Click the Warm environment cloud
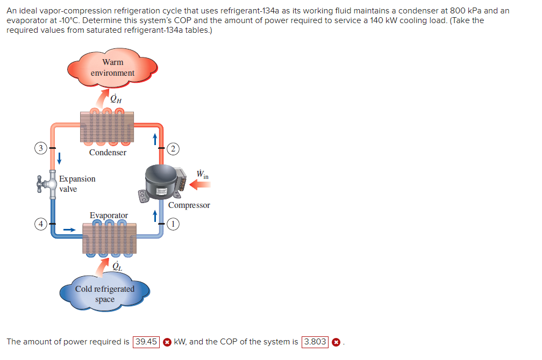coord(112,68)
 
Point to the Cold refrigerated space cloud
coord(105,293)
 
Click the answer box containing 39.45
coord(146,342)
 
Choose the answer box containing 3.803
coord(315,342)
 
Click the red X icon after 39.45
coord(167,342)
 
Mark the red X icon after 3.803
coord(336,342)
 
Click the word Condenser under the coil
coord(108,153)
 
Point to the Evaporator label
coord(109,215)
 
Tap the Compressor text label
coord(189,205)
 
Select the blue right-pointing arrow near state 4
coord(69,229)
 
